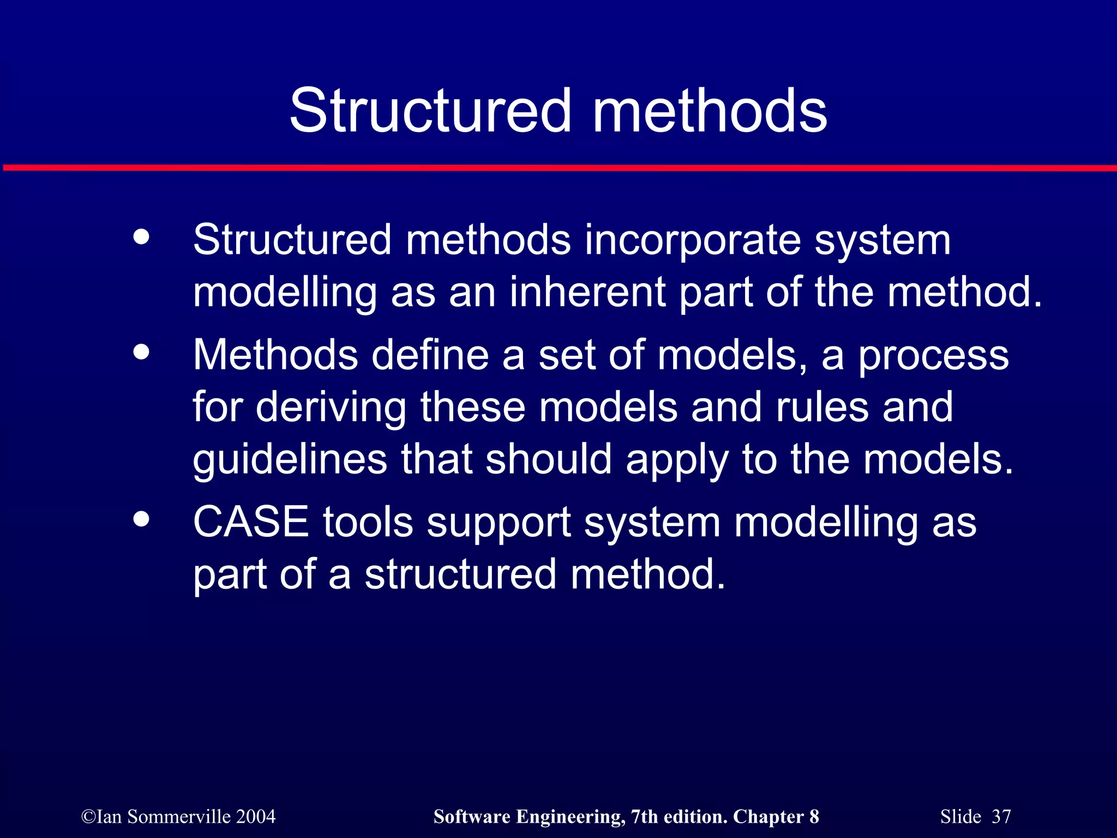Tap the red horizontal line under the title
[558, 168]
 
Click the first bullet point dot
[141, 237]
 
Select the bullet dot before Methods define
[141, 352]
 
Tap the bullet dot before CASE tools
[141, 519]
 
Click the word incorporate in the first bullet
[692, 241]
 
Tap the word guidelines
[290, 460]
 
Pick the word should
[548, 460]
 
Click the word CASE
[251, 522]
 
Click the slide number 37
[1001, 817]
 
